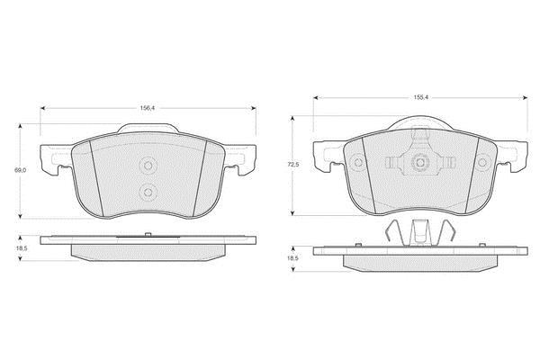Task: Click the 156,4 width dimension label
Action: tap(148, 108)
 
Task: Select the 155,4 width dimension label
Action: tap(420, 97)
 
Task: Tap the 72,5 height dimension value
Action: tap(293, 165)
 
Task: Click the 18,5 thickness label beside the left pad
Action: tap(21, 248)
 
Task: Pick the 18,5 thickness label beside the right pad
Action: tap(293, 258)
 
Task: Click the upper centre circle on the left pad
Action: tap(148, 166)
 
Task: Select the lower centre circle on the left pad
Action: tap(148, 192)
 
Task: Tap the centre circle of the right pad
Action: tap(419, 162)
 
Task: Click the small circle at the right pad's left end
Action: tap(358, 162)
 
